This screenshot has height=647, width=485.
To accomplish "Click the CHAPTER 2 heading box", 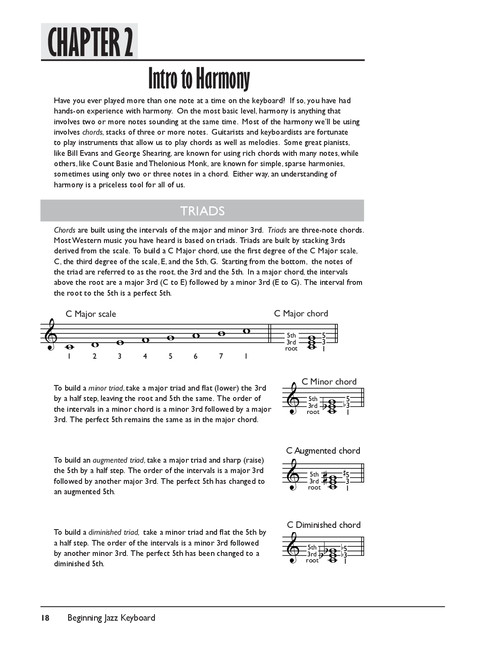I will pyautogui.click(x=89, y=41).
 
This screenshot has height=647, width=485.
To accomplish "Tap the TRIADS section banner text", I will pyautogui.click(x=202, y=211).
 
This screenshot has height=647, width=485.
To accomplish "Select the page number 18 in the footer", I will pyautogui.click(x=45, y=618).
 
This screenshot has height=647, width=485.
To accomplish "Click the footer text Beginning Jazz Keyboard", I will pyautogui.click(x=111, y=618).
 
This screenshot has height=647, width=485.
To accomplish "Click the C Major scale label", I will pyautogui.click(x=91, y=314).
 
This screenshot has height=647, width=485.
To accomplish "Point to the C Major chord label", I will pyautogui.click(x=301, y=313).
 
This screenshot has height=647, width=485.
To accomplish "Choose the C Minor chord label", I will pyautogui.click(x=329, y=382).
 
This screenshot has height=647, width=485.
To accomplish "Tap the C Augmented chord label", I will pyautogui.click(x=323, y=451).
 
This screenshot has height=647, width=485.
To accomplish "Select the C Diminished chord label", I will pyautogui.click(x=324, y=525).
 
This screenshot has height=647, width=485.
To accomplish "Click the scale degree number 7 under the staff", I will pyautogui.click(x=221, y=356).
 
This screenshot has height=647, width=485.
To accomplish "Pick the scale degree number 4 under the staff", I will pyautogui.click(x=145, y=356).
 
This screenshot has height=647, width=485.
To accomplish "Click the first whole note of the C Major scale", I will pyautogui.click(x=69, y=346).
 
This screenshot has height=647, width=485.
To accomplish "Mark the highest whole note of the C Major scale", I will pyautogui.click(x=246, y=331).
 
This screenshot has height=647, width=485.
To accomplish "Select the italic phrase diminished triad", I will pyautogui.click(x=113, y=532).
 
